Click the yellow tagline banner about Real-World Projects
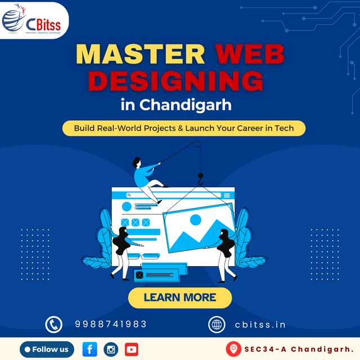click(x=184, y=128)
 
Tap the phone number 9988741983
click(x=111, y=324)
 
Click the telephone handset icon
click(x=53, y=325)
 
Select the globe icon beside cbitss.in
click(x=217, y=325)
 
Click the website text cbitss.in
click(x=260, y=325)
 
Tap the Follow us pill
click(x=47, y=349)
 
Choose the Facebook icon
click(x=90, y=349)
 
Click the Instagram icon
click(x=111, y=349)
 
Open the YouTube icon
click(x=131, y=349)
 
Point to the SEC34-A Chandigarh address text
click(x=298, y=349)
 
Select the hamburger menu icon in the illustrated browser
click(x=227, y=195)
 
